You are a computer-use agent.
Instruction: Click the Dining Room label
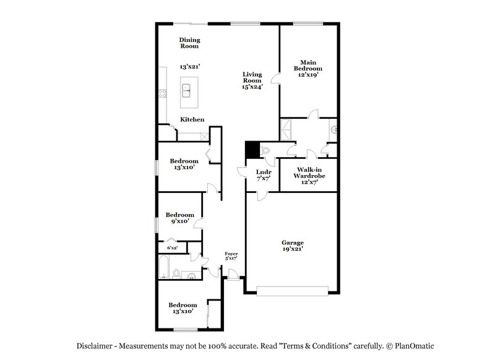click(x=190, y=43)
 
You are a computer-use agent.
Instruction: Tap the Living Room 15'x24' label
click(x=252, y=80)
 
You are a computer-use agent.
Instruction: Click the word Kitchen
click(x=192, y=119)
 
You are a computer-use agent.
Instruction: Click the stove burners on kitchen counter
click(x=163, y=94)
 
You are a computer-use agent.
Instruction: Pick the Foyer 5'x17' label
click(x=231, y=255)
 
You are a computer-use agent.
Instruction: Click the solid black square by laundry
click(x=252, y=150)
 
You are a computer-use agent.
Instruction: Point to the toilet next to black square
click(x=266, y=149)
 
